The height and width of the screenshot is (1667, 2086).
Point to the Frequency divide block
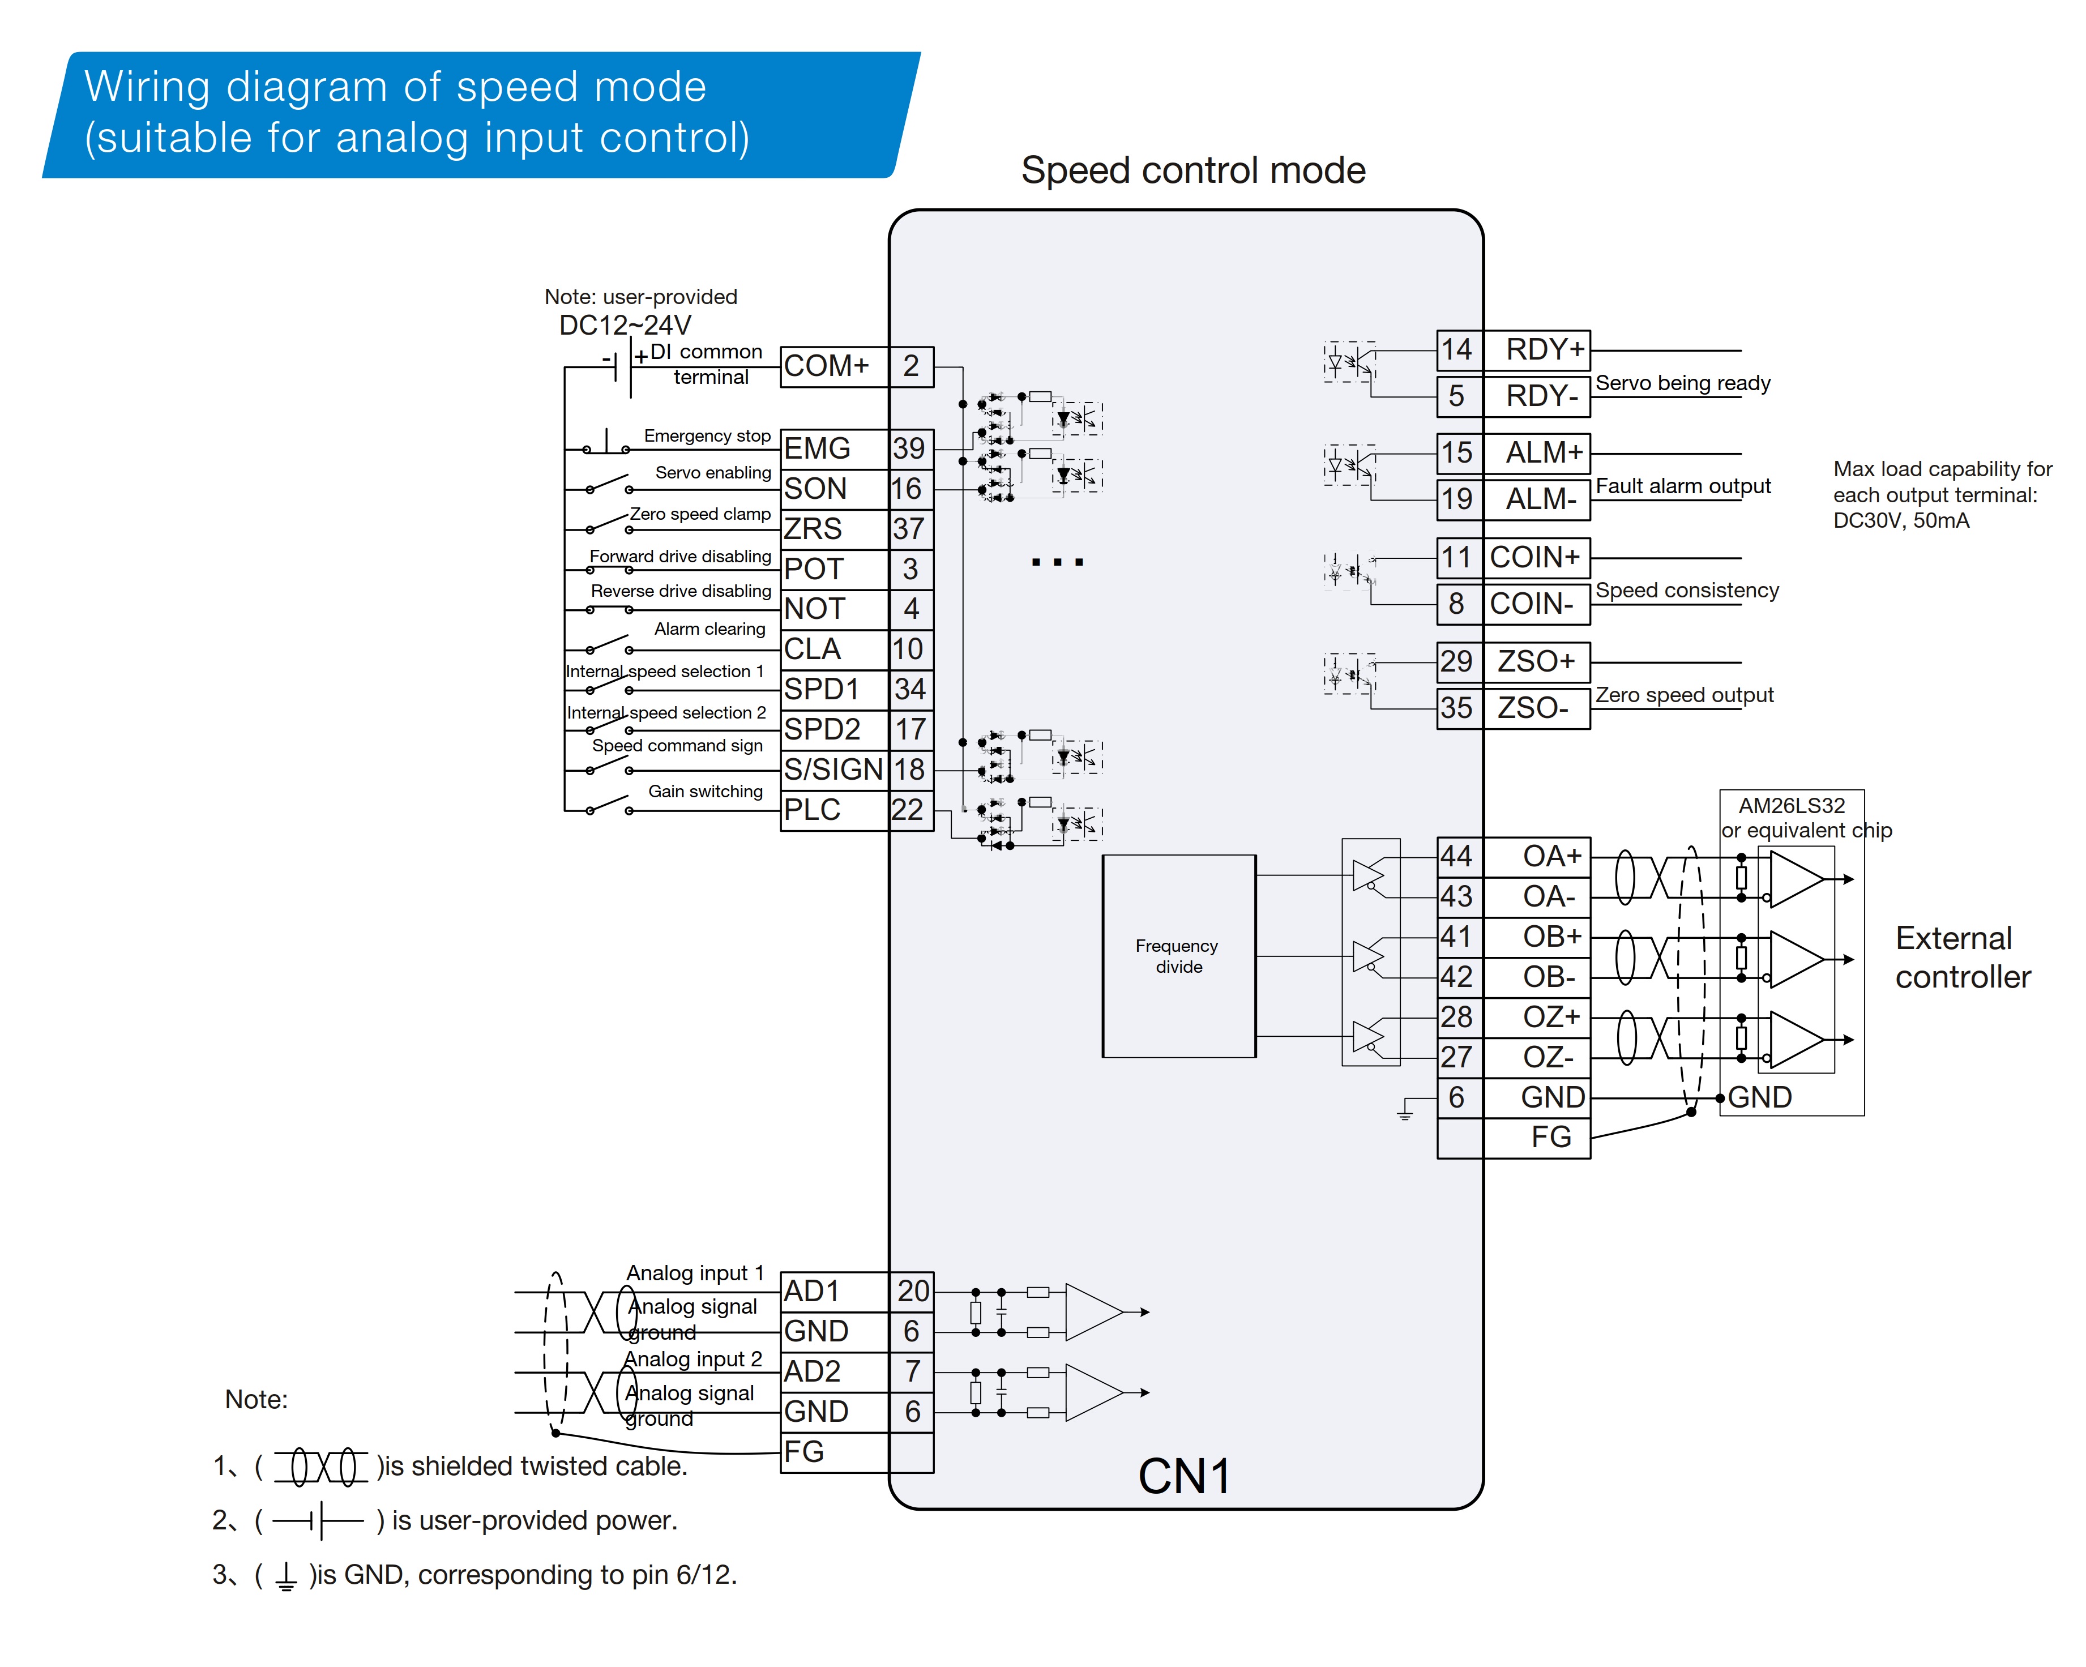coord(1178,956)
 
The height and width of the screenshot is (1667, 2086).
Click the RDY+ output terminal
coord(1544,349)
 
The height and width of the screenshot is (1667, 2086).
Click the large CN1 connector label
coord(1184,1476)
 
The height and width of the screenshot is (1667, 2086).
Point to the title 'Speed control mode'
coord(1193,170)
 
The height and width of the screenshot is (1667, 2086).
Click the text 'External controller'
coord(1962,958)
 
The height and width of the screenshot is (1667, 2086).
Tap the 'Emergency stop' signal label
coord(707,437)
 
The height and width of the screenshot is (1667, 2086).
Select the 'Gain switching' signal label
coord(706,792)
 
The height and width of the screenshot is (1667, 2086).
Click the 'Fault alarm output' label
coord(1682,486)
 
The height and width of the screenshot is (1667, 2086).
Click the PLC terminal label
coord(812,810)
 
